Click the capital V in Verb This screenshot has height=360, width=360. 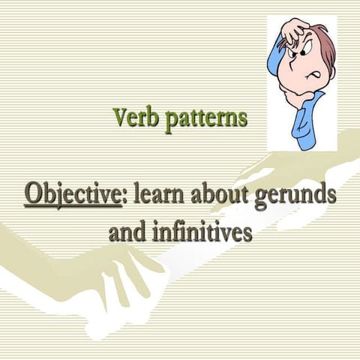pos(120,117)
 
